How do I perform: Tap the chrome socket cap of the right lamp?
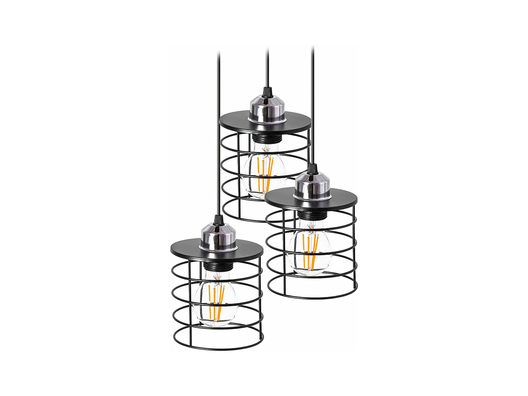(x=311, y=187)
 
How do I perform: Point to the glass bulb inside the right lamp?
(x=309, y=250)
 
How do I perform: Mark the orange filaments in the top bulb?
(x=265, y=171)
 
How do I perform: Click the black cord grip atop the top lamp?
(x=267, y=92)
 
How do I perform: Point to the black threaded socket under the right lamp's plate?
(x=309, y=214)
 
